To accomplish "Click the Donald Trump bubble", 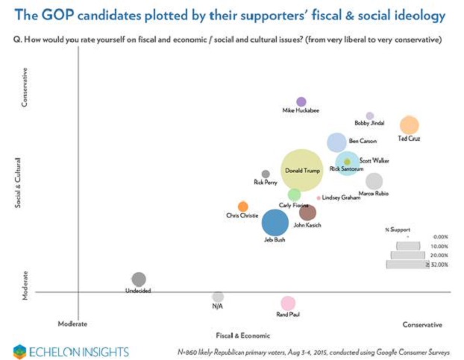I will coord(301,171).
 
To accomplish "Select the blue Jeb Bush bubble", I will coord(275,222).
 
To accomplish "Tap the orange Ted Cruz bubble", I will coord(409,125).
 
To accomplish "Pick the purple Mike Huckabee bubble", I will coord(301,101).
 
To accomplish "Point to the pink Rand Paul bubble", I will coord(288,303).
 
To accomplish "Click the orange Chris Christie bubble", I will coord(242,206).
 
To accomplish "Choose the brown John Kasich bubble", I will coord(307,212).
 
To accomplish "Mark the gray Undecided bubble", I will coord(138,279).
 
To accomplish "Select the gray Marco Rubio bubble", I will coord(374,181).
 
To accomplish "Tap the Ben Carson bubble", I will coord(337,142).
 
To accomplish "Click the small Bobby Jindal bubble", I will coord(369,116).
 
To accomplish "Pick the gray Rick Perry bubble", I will coord(266,174).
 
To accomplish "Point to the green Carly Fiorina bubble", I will coord(295,195).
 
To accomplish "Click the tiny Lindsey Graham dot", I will coord(319,198).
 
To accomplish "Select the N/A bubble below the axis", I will coord(217,297).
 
